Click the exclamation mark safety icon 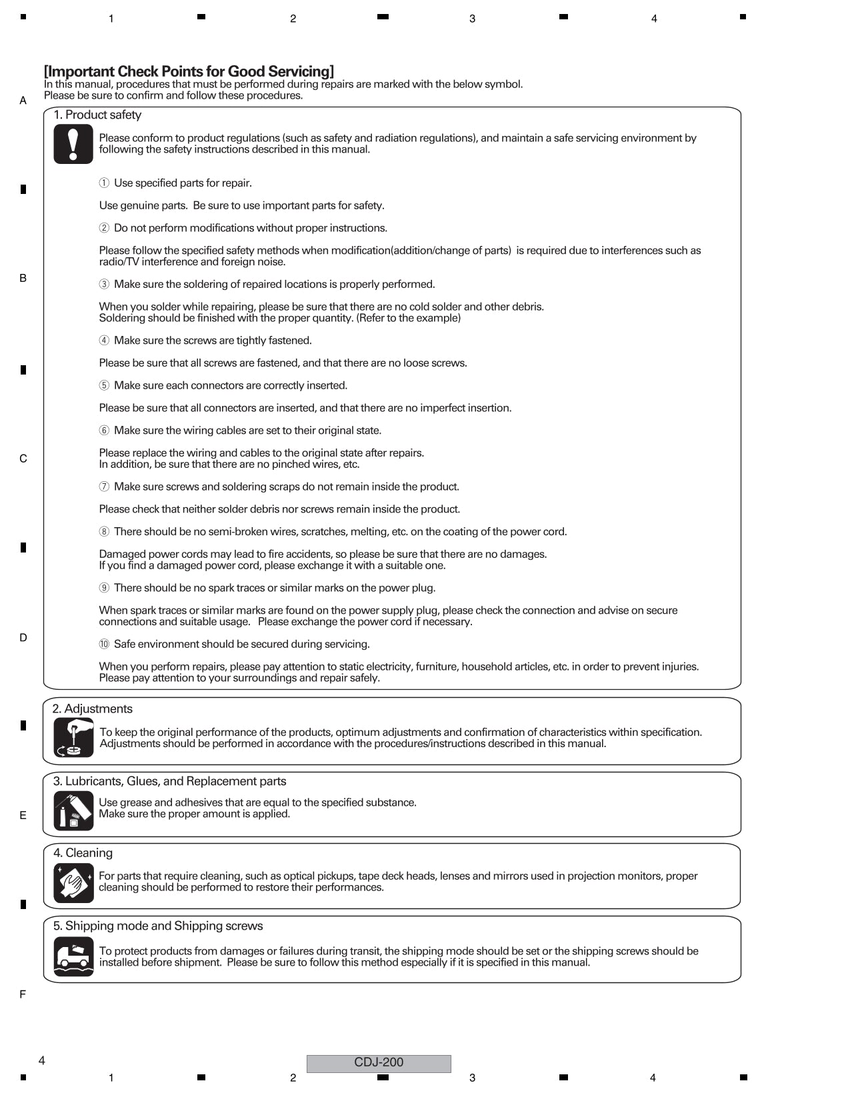73,144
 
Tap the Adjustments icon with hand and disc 73,737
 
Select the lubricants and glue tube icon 73,810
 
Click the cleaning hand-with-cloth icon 73,882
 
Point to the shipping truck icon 73,956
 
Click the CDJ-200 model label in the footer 379,1063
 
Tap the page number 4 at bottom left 41,1061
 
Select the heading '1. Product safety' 97,115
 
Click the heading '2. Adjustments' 93,708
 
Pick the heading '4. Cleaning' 83,853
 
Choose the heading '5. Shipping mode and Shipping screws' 158,926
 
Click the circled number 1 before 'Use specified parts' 104,183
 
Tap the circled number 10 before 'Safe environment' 104,644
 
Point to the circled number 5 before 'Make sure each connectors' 104,385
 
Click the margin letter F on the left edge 23,994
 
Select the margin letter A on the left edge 23,101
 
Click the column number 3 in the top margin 473,19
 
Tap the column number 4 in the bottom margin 653,1078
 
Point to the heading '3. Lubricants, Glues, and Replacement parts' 170,781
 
